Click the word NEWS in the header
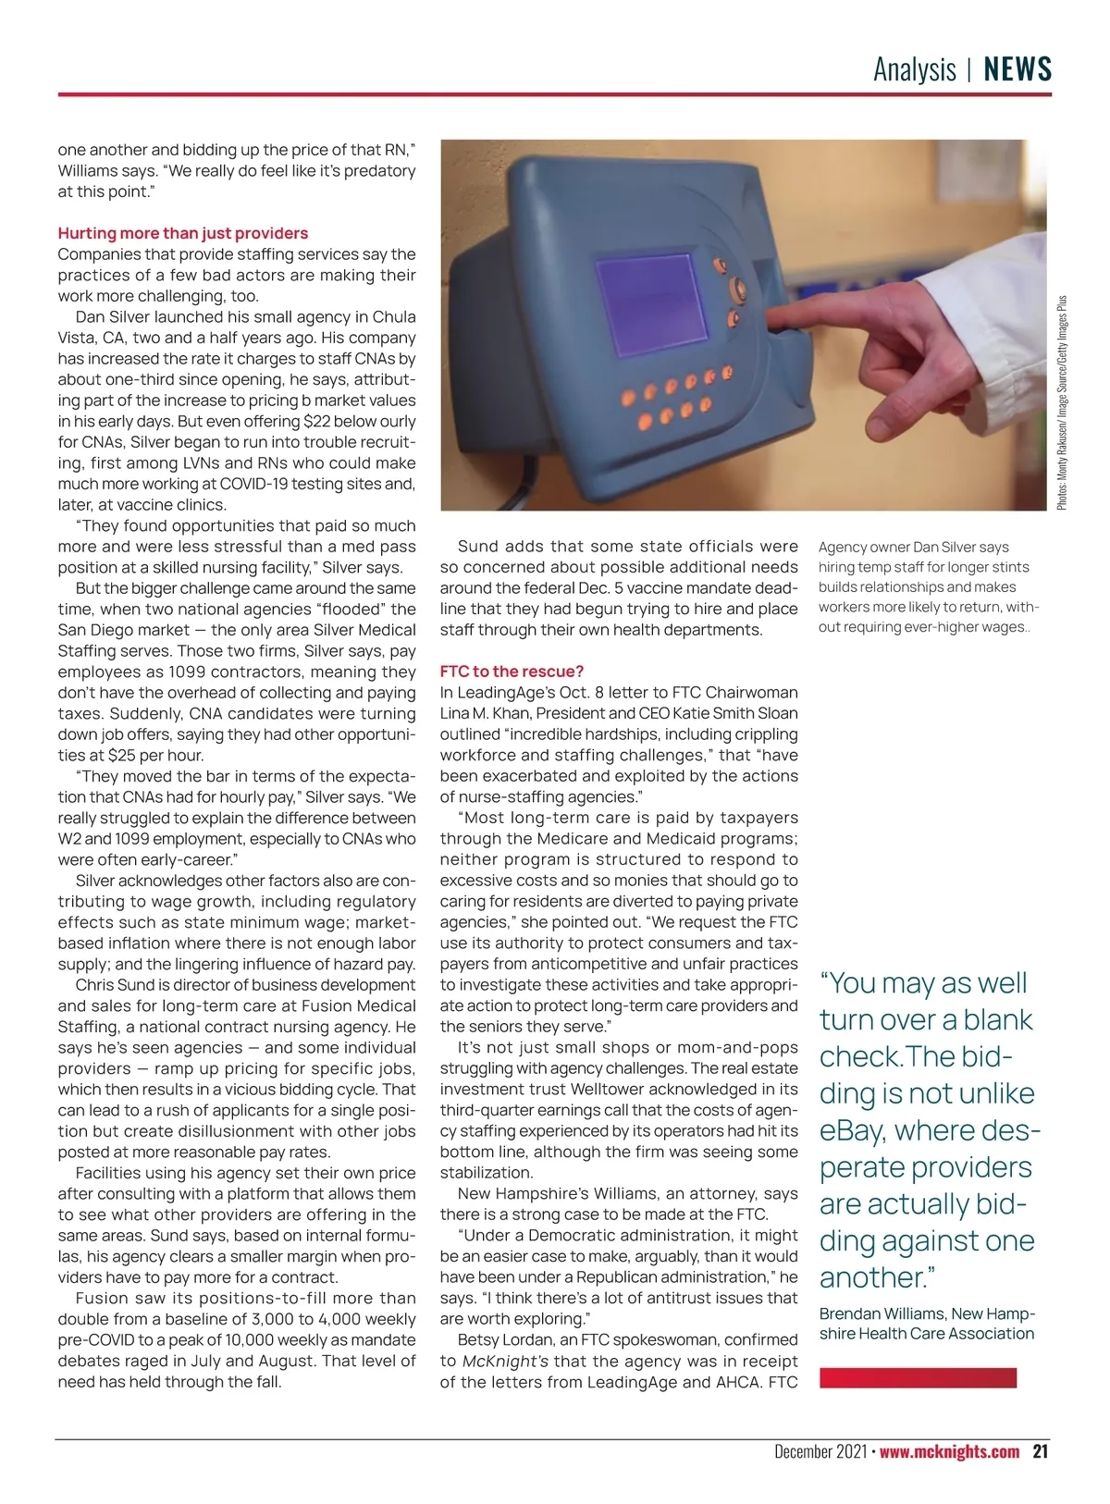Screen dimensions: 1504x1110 pos(1017,69)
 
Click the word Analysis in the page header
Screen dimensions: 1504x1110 pos(914,69)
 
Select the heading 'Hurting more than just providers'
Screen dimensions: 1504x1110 pos(182,233)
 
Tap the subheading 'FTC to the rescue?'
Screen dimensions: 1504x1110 pos(512,672)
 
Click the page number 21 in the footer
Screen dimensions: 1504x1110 pos(1041,1451)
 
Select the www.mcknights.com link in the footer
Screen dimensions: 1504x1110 pos(949,1451)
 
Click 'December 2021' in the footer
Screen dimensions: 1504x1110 pos(820,1451)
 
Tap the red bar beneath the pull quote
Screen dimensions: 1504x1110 pos(918,1378)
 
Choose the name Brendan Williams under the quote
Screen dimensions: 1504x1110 pos(882,1313)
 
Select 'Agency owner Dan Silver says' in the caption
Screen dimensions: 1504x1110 pos(913,547)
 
